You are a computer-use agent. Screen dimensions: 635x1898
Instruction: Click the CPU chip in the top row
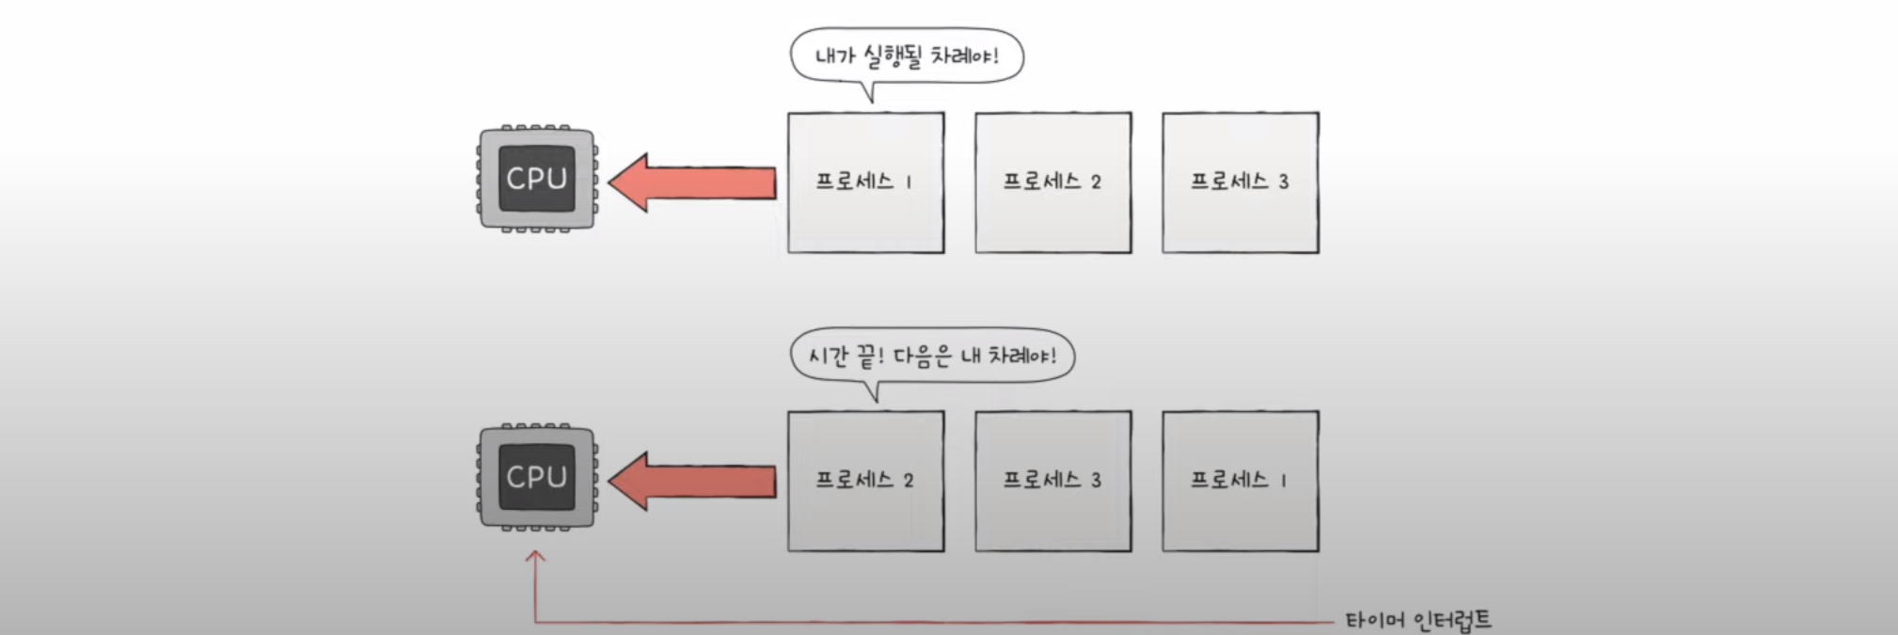[x=536, y=178]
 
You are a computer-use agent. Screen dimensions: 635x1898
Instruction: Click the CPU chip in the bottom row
[x=536, y=476]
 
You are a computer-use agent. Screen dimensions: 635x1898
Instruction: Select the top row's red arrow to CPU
[x=692, y=182]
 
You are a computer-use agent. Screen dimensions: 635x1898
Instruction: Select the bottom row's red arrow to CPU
[x=692, y=481]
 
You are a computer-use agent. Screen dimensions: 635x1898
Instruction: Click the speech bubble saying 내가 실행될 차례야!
[x=906, y=56]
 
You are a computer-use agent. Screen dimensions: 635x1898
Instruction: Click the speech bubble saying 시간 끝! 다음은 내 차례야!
[x=931, y=356]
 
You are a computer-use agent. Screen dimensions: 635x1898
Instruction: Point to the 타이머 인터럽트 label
[x=1417, y=620]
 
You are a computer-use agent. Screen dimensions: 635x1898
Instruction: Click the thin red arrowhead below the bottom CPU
[x=535, y=557]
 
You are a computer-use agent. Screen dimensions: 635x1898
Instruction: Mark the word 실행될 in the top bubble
[x=893, y=56]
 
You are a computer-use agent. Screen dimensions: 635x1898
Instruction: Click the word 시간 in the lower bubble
[x=829, y=357]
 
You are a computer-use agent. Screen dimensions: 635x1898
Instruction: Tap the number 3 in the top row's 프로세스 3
[x=1283, y=182]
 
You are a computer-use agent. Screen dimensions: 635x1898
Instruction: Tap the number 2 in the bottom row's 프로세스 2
[x=908, y=481]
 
